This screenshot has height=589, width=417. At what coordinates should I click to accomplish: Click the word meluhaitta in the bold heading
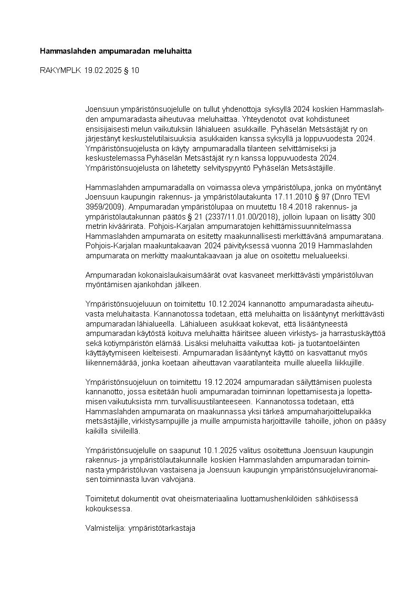(x=173, y=51)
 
